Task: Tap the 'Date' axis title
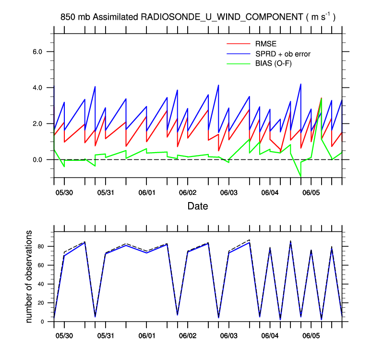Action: [198, 206]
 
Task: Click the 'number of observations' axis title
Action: [29, 276]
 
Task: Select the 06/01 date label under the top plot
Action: [146, 192]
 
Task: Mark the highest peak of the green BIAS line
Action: [321, 98]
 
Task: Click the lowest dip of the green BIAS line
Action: [300, 177]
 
